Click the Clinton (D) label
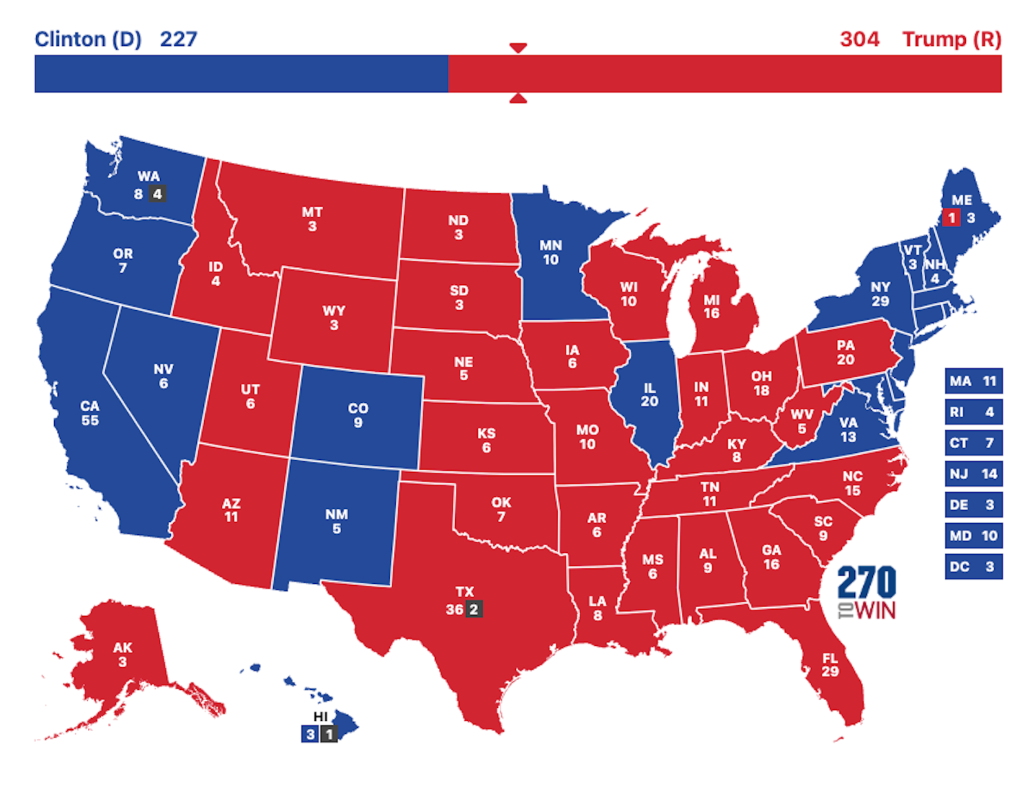(x=88, y=39)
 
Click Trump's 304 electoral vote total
(x=859, y=39)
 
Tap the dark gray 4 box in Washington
(x=158, y=194)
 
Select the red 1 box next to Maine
(x=951, y=218)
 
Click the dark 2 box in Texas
(x=473, y=609)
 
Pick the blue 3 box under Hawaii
(x=310, y=734)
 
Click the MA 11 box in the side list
(x=973, y=381)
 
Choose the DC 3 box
(x=973, y=567)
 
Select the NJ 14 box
(x=973, y=474)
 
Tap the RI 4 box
(x=973, y=412)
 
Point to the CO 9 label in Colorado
(x=358, y=415)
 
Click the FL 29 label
(x=830, y=665)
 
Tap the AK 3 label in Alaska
(x=122, y=654)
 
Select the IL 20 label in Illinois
(x=649, y=395)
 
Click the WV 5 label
(x=802, y=421)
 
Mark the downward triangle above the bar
(x=518, y=48)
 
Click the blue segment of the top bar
(x=241, y=74)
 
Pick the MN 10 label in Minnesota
(x=551, y=253)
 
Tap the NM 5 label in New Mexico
(x=336, y=521)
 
